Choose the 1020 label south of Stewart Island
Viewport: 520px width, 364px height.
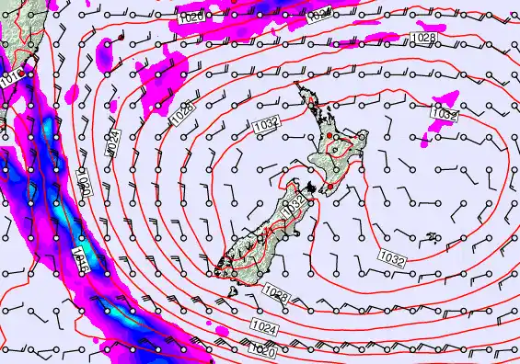pyautogui.click(x=262, y=349)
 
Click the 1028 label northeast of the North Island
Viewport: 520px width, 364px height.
pyautogui.click(x=423, y=37)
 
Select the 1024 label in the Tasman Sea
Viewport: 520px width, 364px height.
pyautogui.click(x=114, y=142)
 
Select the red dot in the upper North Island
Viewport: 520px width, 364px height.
pyautogui.click(x=329, y=135)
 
